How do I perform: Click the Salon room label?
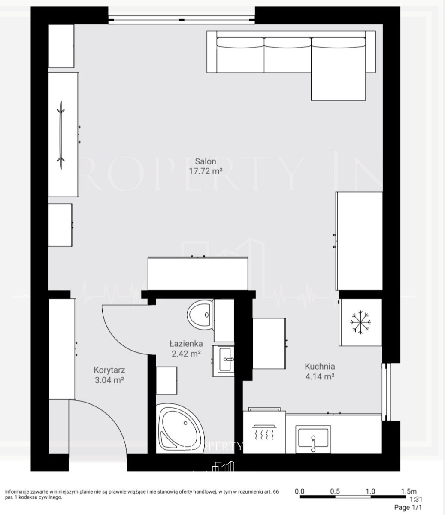click(x=205, y=161)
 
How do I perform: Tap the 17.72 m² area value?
click(x=206, y=171)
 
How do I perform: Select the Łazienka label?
click(x=186, y=344)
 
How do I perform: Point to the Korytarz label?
click(x=109, y=370)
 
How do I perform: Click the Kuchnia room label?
click(x=320, y=366)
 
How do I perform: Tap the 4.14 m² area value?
click(x=320, y=376)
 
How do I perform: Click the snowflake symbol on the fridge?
click(x=360, y=322)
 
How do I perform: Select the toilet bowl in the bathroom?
click(x=200, y=315)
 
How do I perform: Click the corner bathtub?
click(x=180, y=429)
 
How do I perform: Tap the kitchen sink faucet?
click(x=313, y=443)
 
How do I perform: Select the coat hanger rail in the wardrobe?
click(x=61, y=135)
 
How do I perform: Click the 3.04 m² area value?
click(x=109, y=380)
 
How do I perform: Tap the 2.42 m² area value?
click(x=186, y=354)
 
